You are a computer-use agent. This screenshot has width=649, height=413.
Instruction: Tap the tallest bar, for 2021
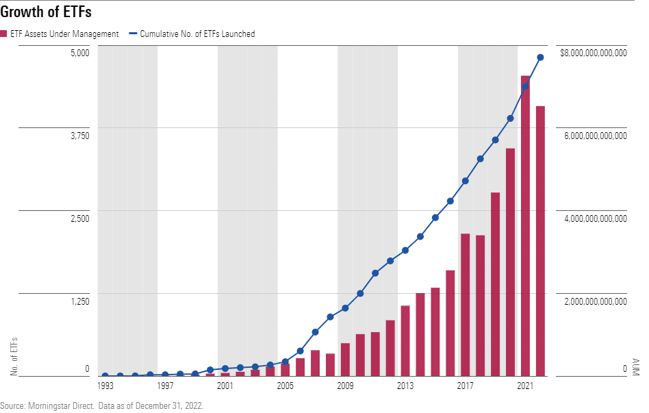tap(525, 226)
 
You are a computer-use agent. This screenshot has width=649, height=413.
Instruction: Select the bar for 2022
tap(540, 241)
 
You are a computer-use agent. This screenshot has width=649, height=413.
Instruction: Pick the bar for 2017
tap(465, 305)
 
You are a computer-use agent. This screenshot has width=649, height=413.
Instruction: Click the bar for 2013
tap(405, 340)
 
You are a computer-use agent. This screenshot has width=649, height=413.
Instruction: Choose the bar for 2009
tap(345, 359)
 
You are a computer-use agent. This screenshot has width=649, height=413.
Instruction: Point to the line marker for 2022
tap(540, 58)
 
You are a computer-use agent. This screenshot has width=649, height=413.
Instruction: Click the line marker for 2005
tap(285, 362)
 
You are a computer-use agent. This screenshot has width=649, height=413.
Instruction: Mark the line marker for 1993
tap(105, 375)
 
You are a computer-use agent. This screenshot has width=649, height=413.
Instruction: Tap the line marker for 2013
tap(405, 250)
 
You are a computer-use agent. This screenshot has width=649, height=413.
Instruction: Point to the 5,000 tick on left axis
tap(80, 53)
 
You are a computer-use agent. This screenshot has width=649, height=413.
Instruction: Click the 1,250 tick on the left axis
tap(79, 301)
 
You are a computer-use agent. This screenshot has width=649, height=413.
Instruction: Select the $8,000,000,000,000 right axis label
tap(593, 53)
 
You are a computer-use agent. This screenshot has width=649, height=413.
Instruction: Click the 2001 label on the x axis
tap(225, 386)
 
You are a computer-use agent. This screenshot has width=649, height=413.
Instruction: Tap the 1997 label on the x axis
tap(165, 386)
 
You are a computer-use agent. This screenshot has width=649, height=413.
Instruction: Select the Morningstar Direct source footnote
tap(102, 405)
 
